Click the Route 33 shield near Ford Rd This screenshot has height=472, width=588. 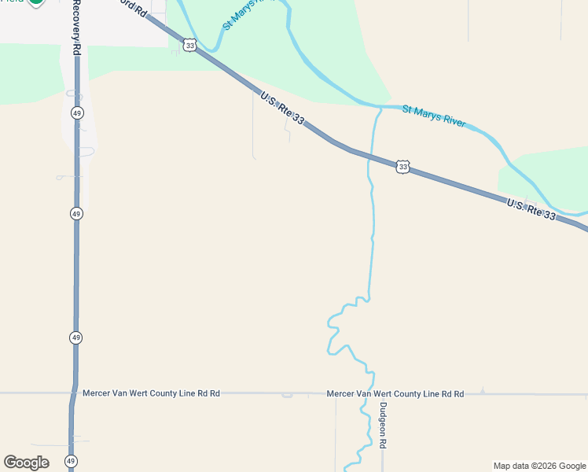tap(189, 46)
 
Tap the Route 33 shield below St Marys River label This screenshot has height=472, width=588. tap(402, 167)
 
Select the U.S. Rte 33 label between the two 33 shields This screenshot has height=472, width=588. tap(282, 108)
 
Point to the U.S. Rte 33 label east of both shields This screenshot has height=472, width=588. tap(531, 210)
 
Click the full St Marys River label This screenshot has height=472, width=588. tap(434, 116)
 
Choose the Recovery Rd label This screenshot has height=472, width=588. tap(76, 26)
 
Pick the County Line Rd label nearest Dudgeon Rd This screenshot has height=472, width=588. tap(395, 393)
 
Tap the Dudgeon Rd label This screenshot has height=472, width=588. tap(383, 426)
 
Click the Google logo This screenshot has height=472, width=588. tap(26, 462)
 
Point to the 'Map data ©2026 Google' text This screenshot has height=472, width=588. tap(539, 466)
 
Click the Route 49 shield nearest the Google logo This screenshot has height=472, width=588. tap(71, 461)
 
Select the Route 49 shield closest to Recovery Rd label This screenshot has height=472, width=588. tap(76, 113)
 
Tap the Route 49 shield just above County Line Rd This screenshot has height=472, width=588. tap(75, 337)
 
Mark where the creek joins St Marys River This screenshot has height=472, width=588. tap(380, 106)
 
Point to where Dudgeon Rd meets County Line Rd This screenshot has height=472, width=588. tap(383, 393)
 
